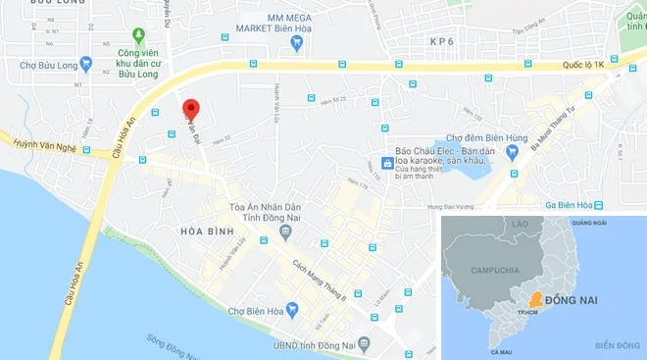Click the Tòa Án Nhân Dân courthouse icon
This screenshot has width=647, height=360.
click(284, 231)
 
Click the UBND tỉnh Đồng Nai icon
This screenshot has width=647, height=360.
click(364, 344)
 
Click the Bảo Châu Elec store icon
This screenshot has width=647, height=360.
click(388, 162)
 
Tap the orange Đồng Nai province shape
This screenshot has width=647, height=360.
click(535, 298)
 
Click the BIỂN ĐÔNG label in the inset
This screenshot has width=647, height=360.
click(616, 344)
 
